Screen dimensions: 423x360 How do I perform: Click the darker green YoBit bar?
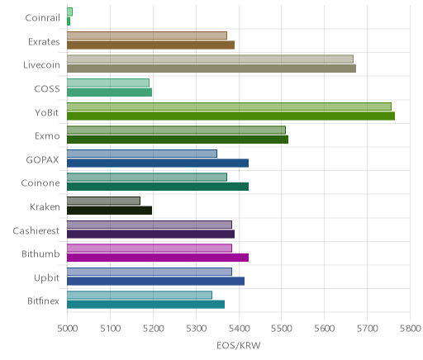[x=231, y=116]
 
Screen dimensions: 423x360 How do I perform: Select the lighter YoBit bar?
[x=229, y=107]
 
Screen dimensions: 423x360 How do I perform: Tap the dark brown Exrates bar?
[x=150, y=45]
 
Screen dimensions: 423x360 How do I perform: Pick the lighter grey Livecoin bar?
[x=210, y=59]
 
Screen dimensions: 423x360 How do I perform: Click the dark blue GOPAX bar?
[x=158, y=163]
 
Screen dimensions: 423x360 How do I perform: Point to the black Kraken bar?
[x=109, y=211]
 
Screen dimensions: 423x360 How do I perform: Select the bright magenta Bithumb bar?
[x=158, y=258]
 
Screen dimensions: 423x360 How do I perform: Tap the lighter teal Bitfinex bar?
[x=140, y=295]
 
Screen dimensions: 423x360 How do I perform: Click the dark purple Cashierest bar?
[x=150, y=234]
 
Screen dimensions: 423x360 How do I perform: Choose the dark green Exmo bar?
[x=178, y=140]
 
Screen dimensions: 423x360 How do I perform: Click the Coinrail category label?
[x=42, y=18]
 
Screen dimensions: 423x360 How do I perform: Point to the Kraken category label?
[x=45, y=206]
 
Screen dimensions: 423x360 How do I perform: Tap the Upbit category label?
[x=46, y=278]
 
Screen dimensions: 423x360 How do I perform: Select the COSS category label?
[x=47, y=89]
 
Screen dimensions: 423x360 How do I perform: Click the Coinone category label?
[x=40, y=183]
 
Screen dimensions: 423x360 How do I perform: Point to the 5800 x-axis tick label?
[x=411, y=329]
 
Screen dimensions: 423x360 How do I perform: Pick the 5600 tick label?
[x=325, y=329]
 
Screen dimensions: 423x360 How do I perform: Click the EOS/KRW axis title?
[x=239, y=345]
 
